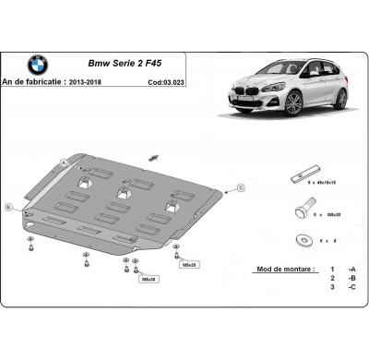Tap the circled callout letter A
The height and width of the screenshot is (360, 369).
click(x=65, y=164)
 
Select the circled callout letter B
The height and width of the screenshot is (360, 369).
click(x=8, y=207)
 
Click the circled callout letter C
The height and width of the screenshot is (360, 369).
click(x=240, y=187)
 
